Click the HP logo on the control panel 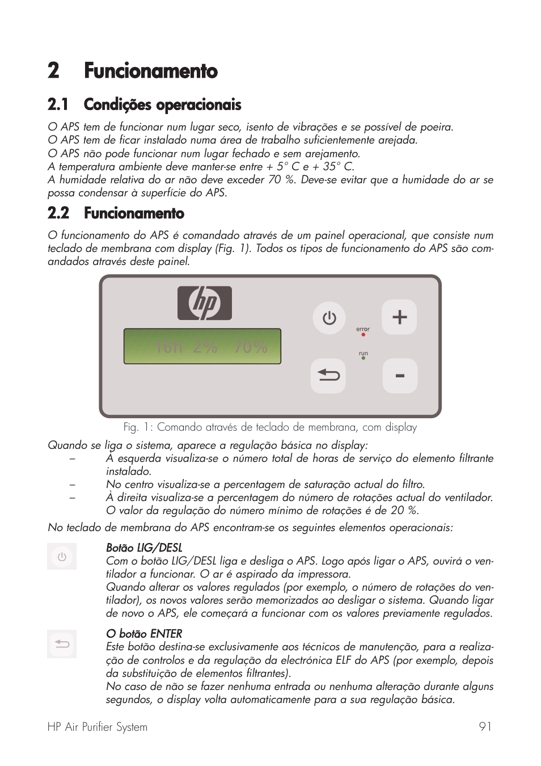click(205, 304)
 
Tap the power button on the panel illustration click(329, 318)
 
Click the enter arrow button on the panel click(328, 376)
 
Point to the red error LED click(363, 335)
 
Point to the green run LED click(363, 359)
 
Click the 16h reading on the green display click(168, 347)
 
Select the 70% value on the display click(250, 347)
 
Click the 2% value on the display click(205, 347)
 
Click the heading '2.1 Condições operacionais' click(145, 105)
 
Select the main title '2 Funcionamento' click(133, 71)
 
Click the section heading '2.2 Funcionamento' click(116, 213)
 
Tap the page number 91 click(485, 727)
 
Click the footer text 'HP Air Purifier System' click(98, 727)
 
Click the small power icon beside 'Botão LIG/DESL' click(62, 557)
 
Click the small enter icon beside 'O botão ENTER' click(62, 644)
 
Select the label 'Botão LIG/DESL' click(144, 548)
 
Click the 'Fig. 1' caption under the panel click(270, 427)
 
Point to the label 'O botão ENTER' click(144, 634)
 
